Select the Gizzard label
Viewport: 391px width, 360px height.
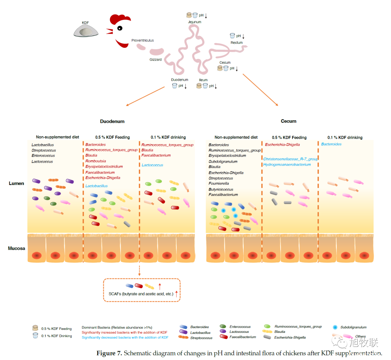coord(156,59)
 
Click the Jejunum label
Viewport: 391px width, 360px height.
coord(194,22)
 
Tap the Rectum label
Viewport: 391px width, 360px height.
coord(236,43)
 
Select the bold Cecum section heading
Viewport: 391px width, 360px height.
coord(289,121)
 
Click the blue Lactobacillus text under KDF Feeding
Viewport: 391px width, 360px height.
coord(96,186)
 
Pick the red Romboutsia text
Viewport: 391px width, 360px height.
coord(96,161)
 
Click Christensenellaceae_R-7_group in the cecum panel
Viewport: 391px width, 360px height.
coord(290,159)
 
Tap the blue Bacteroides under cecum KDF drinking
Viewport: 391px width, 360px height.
coord(331,144)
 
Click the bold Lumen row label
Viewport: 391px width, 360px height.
coord(17,183)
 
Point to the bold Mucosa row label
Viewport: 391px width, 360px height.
coord(17,248)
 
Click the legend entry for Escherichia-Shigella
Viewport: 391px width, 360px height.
coord(290,337)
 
